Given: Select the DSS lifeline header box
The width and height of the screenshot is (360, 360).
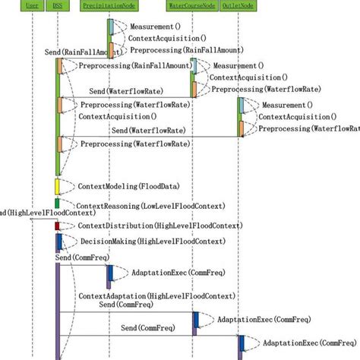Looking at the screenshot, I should tap(58, 5).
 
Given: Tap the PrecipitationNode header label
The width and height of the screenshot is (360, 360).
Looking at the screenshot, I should tap(110, 5).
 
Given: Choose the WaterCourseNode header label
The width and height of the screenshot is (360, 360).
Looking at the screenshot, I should tap(193, 5).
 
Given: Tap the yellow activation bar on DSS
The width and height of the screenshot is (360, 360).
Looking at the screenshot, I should tap(57, 186).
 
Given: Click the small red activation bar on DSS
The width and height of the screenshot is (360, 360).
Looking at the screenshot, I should tap(57, 226).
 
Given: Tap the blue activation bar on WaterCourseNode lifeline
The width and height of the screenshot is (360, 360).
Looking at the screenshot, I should tap(195, 320).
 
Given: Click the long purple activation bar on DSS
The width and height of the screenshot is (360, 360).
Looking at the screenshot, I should tap(58, 311).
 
